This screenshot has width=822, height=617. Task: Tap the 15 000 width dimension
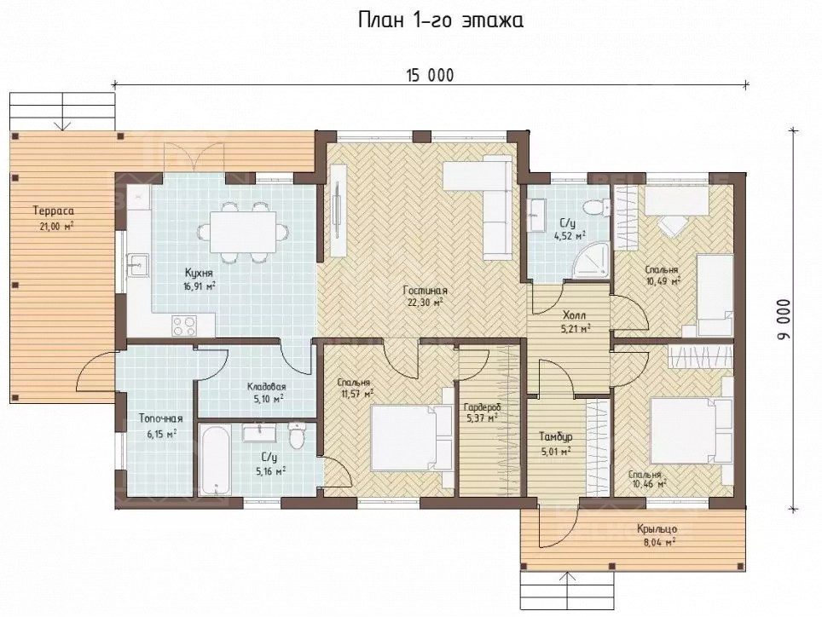point(430,76)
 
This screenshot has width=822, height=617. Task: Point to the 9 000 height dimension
point(784,320)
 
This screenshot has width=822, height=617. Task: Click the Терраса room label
point(54,211)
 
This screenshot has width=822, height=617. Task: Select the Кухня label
point(199,273)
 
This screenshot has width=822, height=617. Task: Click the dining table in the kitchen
point(243,232)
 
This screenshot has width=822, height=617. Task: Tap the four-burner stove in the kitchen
point(184,325)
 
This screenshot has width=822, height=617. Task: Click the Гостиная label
point(425,291)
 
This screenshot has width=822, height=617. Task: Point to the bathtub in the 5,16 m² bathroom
point(216,459)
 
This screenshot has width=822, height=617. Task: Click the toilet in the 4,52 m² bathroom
point(595,209)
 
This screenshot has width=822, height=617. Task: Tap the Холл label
point(574,316)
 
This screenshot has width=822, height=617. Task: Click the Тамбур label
point(556,436)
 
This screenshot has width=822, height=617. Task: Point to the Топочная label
point(160,418)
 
